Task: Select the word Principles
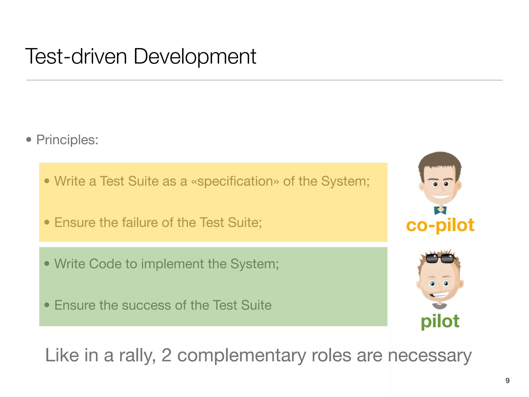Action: point(67,140)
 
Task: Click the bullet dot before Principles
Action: point(29,140)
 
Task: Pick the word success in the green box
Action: point(145,305)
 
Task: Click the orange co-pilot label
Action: point(440,225)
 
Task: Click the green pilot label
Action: point(440,321)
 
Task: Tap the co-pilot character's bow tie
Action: point(440,210)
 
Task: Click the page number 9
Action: point(508,380)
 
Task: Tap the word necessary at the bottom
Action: point(430,355)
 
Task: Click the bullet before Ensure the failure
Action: point(47,222)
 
